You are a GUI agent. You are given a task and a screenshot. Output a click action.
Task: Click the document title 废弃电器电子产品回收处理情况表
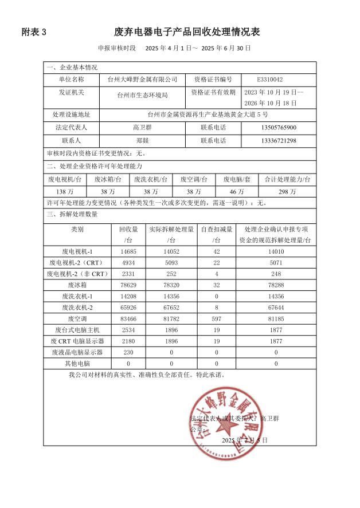(187, 31)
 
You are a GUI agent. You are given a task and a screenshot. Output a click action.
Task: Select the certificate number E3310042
(270, 80)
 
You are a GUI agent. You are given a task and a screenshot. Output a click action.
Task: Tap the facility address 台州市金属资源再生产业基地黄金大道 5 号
(207, 115)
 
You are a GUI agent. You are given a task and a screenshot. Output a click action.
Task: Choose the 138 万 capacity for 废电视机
(64, 191)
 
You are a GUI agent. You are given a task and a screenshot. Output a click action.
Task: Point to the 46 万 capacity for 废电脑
(237, 191)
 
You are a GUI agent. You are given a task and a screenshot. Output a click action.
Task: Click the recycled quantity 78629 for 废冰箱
(128, 285)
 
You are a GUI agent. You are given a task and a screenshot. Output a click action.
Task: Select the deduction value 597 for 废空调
(216, 318)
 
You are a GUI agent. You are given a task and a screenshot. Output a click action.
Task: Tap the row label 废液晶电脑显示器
(77, 352)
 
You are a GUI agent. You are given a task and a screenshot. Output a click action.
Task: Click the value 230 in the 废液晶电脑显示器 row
(128, 352)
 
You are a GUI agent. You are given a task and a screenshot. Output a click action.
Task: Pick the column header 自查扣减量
(216, 229)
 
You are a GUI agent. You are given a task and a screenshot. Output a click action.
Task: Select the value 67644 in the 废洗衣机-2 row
(276, 307)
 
